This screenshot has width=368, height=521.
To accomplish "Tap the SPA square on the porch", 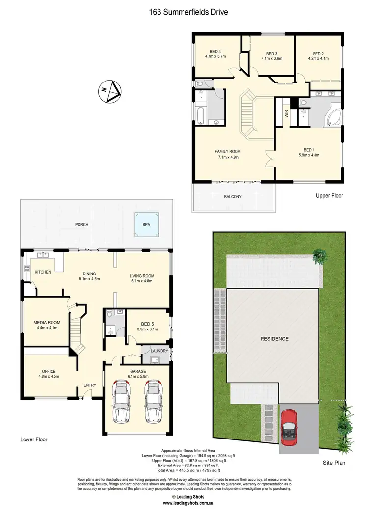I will pos(147,224).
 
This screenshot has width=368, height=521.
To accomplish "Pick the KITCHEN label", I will pos(43,272).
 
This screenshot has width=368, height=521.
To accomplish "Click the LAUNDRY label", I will pos(160,351).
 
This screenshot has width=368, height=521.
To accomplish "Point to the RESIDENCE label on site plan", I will pos(274,339).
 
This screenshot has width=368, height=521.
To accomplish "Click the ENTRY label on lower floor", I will pos(89,385).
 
